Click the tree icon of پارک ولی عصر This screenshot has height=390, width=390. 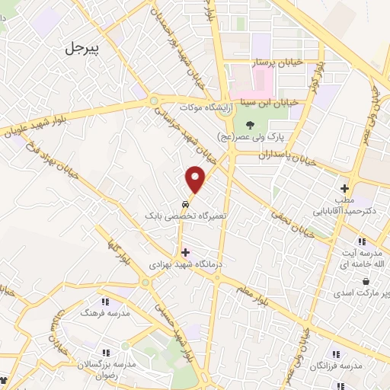click(249, 125)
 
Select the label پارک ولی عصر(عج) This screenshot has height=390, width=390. click(249, 138)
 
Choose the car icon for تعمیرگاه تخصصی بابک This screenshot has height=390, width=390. click(186, 205)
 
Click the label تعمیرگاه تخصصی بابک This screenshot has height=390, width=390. click(187, 216)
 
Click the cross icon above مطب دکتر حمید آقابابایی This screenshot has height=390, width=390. click(344, 187)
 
